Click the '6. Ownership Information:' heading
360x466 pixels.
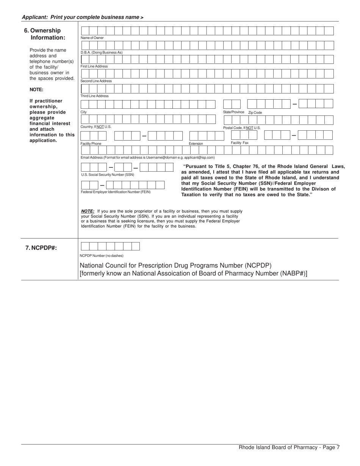45,34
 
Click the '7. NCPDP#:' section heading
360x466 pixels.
41,248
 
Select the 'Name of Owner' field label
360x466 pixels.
92,38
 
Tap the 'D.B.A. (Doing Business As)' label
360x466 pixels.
102,52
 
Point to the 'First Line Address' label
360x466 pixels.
94,66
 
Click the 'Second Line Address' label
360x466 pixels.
96,81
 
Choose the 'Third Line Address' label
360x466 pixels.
95,96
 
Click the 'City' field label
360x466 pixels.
84,112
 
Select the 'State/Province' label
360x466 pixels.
234,112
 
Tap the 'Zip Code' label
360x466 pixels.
255,113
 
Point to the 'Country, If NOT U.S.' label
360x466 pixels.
96,127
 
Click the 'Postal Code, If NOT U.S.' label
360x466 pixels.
242,128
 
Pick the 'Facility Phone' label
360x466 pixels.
91,144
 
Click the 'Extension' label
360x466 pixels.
196,144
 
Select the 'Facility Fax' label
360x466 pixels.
240,143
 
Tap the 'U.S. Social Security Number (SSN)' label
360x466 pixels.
108,175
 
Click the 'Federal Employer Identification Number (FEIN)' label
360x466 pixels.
116,192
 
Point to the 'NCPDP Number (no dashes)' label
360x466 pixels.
102,256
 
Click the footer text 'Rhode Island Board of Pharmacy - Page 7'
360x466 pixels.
289,447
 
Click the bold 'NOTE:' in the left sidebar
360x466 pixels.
36,90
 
